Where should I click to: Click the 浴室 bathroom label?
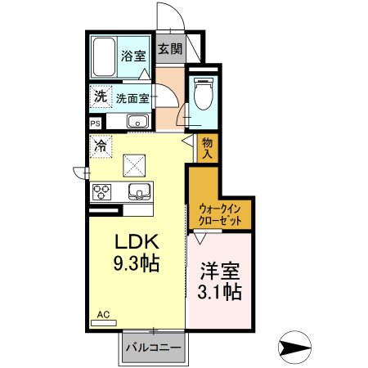(x=133, y=56)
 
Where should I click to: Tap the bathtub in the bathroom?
(x=104, y=57)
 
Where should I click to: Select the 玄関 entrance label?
(x=169, y=49)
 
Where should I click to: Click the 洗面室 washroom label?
(x=132, y=98)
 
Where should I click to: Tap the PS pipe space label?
(x=96, y=123)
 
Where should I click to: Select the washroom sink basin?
(x=137, y=123)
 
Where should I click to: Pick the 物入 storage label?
(x=208, y=148)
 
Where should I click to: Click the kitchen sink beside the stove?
(x=138, y=193)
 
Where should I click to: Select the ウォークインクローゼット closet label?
(x=221, y=214)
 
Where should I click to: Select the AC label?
(x=103, y=314)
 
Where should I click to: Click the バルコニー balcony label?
(x=153, y=348)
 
